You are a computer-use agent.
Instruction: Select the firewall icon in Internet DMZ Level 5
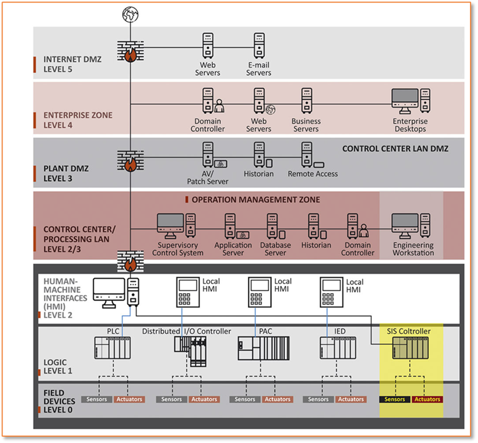point(130,51)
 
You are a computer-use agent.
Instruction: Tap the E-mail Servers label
point(259,69)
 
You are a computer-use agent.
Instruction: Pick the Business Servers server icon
point(306,101)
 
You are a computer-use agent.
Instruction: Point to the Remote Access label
point(313,174)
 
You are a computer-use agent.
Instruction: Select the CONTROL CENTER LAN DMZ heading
point(395,149)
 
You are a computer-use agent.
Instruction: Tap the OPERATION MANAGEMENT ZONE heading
point(256,199)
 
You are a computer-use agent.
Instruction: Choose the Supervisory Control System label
point(180,249)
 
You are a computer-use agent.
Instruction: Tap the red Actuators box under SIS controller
point(428,400)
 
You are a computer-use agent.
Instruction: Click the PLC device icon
point(113,348)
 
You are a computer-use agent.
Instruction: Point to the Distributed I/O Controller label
point(186,332)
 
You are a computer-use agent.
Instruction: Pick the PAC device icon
point(263,349)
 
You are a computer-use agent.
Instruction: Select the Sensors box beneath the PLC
point(97,400)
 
